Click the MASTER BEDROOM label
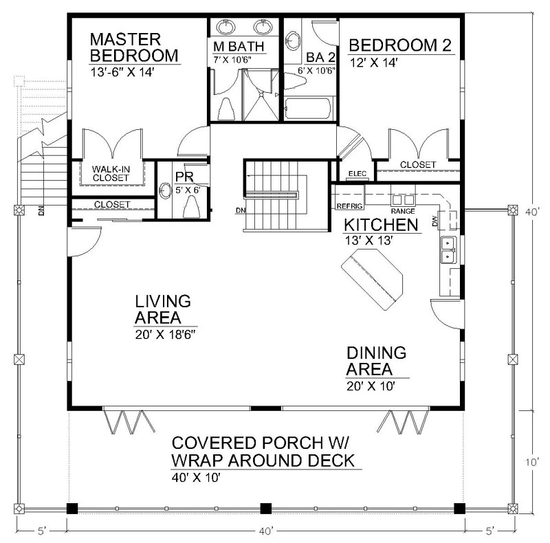point(135,46)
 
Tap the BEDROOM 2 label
point(400,46)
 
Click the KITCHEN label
point(381,225)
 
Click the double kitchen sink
point(447,250)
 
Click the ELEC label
point(357,173)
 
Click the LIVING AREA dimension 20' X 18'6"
point(165,336)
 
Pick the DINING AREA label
point(376,362)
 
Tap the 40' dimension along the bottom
point(266,531)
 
